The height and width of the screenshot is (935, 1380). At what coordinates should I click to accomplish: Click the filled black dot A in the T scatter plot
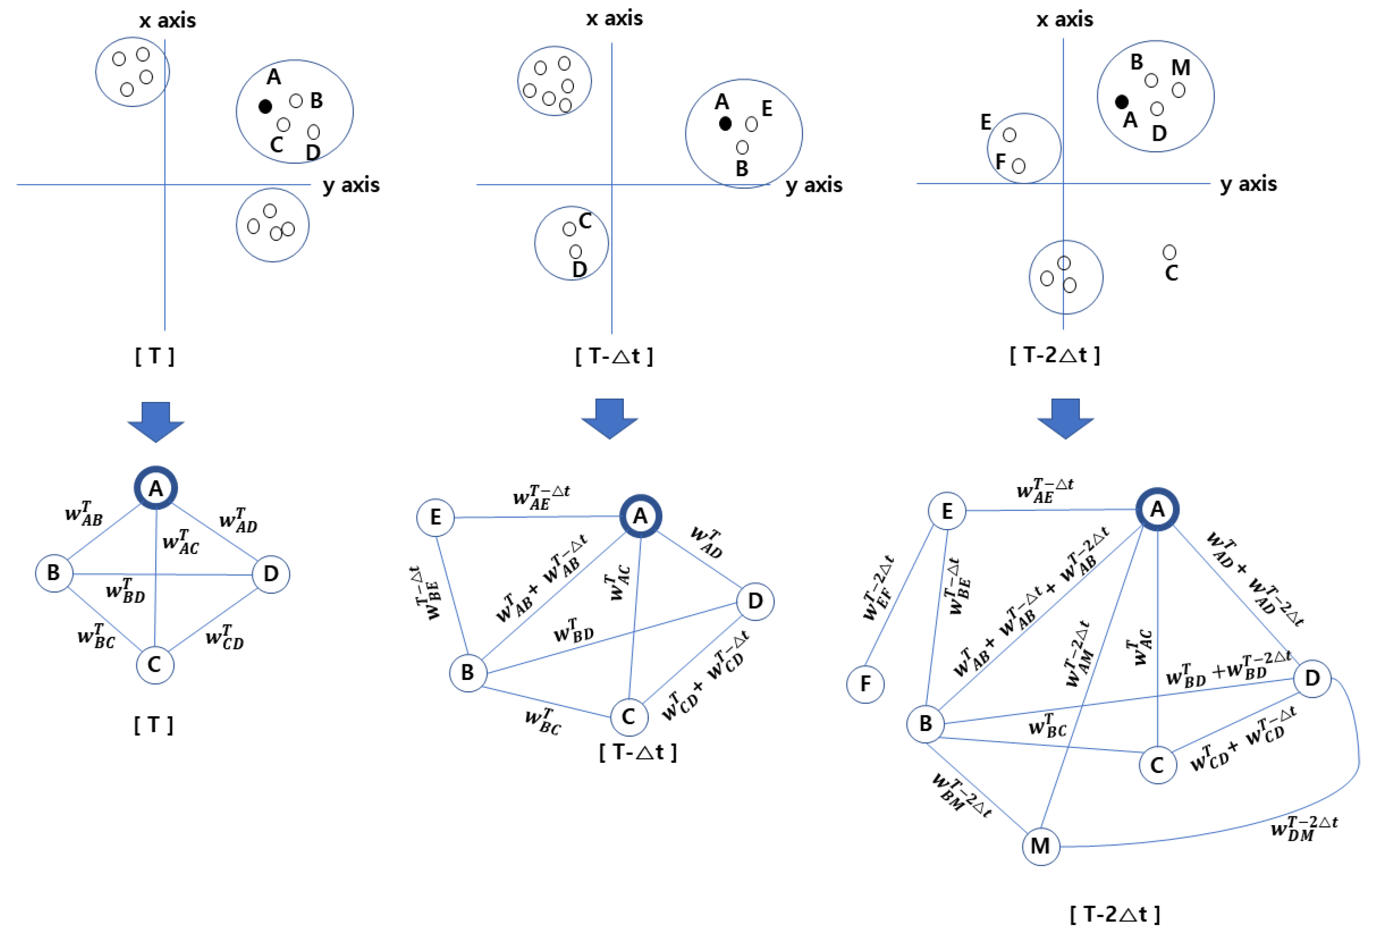tap(265, 106)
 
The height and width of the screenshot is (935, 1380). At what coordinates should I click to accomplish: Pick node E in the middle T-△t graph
tap(435, 517)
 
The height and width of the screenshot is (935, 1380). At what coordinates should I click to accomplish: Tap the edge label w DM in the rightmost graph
tap(1304, 826)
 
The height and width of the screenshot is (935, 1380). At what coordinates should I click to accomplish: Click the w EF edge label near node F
tap(878, 588)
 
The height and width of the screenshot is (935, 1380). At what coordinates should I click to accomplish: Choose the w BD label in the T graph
tap(125, 591)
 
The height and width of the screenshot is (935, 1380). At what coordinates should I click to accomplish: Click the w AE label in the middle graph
tap(540, 498)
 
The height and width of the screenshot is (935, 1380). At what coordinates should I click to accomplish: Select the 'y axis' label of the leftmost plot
tap(351, 185)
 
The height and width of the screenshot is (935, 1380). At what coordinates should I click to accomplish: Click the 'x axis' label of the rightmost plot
tap(1064, 20)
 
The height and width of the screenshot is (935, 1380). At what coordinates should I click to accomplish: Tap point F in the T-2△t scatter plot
tap(1018, 166)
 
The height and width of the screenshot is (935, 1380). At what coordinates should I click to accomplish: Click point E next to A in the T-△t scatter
tap(751, 124)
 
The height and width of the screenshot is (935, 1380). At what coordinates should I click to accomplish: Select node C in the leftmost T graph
tap(155, 665)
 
